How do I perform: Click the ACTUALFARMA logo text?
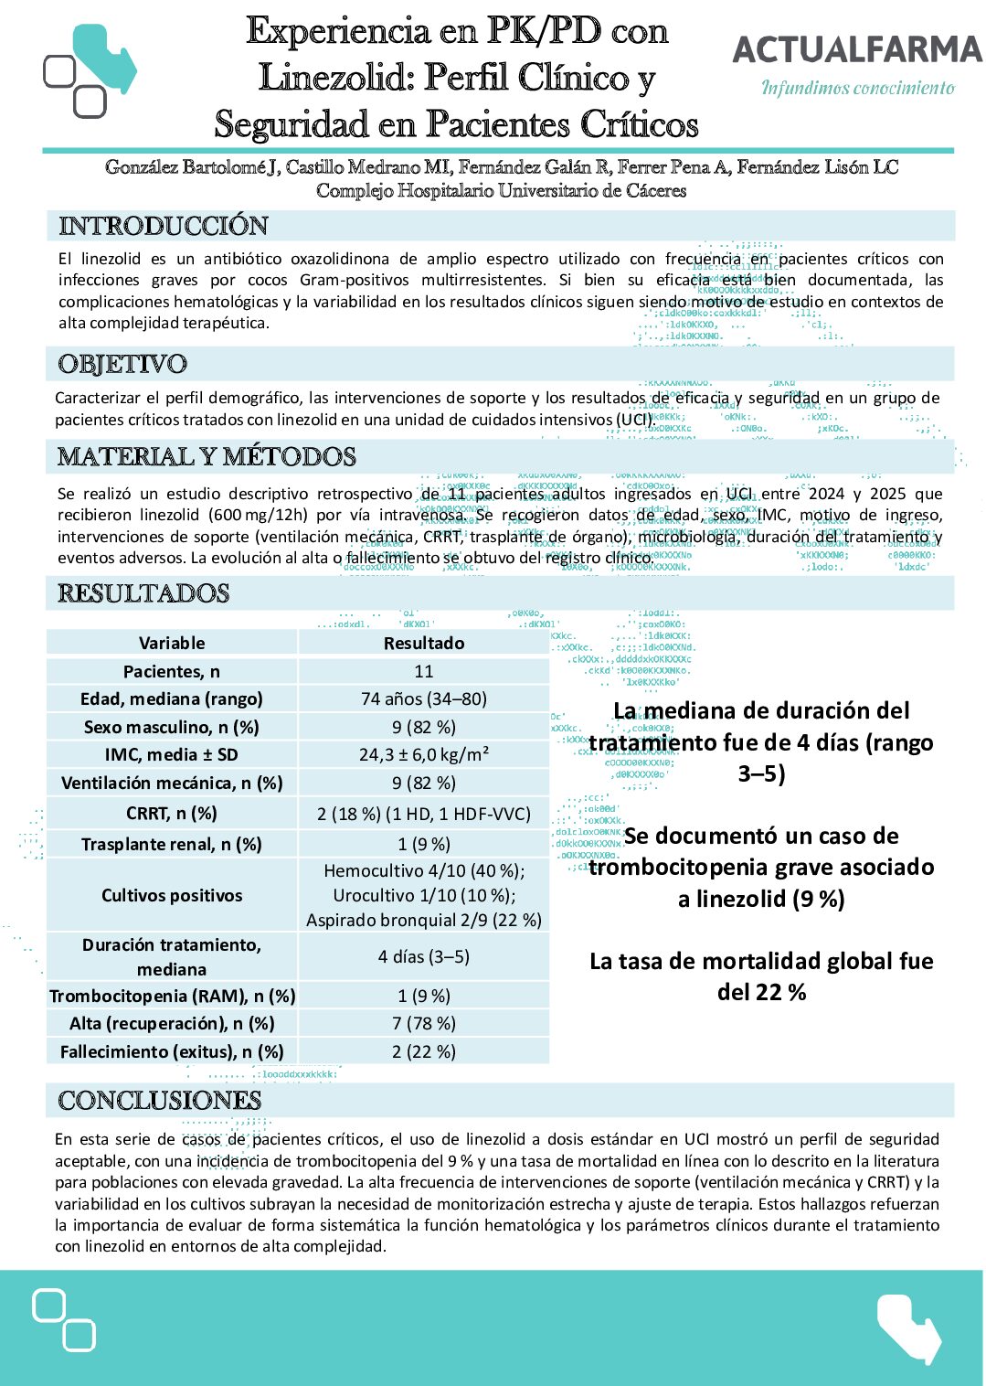pyautogui.click(x=857, y=49)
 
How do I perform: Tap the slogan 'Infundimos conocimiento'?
pyautogui.click(x=858, y=88)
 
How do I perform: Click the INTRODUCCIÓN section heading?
pyautogui.click(x=164, y=226)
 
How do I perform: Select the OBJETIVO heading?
pyautogui.click(x=122, y=364)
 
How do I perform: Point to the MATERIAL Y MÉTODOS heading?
pyautogui.click(x=207, y=456)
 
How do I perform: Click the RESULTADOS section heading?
pyautogui.click(x=143, y=593)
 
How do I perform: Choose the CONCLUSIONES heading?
pyautogui.click(x=160, y=1100)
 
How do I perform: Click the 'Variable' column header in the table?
pyautogui.click(x=172, y=643)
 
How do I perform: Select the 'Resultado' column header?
pyautogui.click(x=424, y=643)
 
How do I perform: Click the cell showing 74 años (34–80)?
pyautogui.click(x=424, y=698)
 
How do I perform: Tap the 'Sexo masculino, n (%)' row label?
pyautogui.click(x=172, y=727)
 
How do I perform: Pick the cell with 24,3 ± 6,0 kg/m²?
pyautogui.click(x=424, y=754)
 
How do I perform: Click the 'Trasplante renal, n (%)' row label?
pyautogui.click(x=172, y=844)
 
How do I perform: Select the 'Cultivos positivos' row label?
pyautogui.click(x=172, y=895)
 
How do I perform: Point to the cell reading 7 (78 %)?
pyautogui.click(x=424, y=1023)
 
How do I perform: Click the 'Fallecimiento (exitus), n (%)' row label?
pyautogui.click(x=172, y=1051)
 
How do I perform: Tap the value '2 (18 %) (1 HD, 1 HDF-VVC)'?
pyautogui.click(x=424, y=813)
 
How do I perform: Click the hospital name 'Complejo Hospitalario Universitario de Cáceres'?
pyautogui.click(x=501, y=190)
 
